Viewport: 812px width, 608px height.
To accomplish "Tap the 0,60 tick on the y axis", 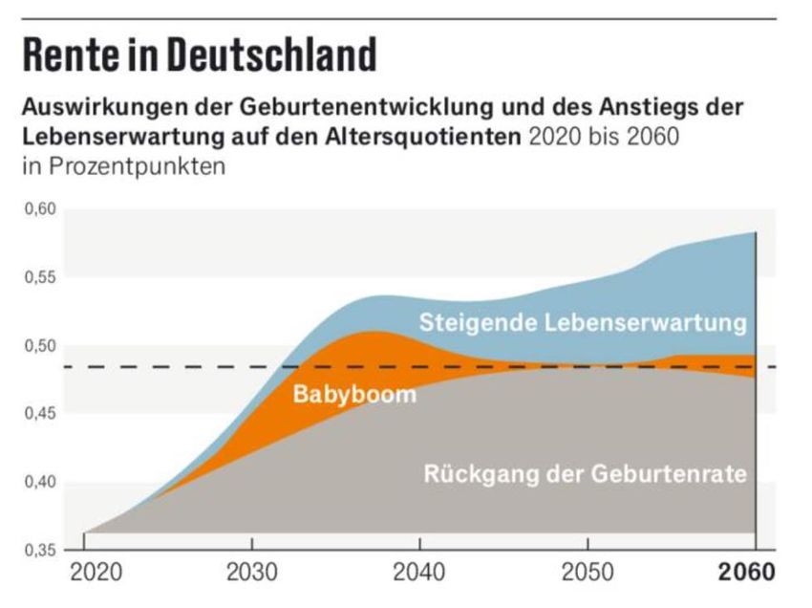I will [x=41, y=209].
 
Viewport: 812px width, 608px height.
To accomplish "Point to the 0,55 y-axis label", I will [x=41, y=278].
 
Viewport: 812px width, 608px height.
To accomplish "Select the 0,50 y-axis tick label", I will [x=41, y=346].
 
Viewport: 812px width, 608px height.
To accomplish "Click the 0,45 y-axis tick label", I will [x=41, y=414].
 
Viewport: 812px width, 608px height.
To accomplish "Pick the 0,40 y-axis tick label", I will [x=41, y=482].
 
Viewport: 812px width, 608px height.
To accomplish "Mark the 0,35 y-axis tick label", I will [x=41, y=550].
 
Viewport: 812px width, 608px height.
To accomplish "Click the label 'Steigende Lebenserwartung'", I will [x=583, y=322].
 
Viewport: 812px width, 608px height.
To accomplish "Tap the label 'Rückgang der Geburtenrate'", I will [x=585, y=473].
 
